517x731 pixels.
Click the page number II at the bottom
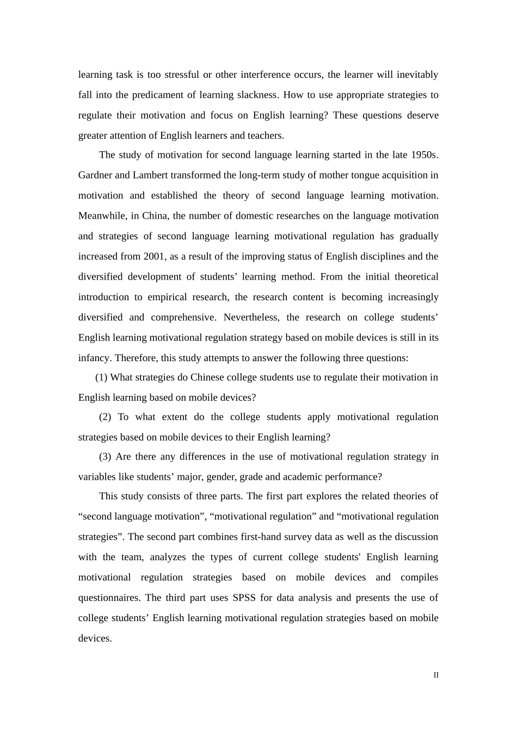point(436,675)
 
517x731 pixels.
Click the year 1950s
point(424,155)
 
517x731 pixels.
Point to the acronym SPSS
point(244,598)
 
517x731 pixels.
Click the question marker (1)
point(101,377)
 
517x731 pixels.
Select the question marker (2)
point(105,417)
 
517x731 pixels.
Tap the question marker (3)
point(105,457)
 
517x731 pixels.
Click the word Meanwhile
point(102,216)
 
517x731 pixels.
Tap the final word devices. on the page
point(95,639)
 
